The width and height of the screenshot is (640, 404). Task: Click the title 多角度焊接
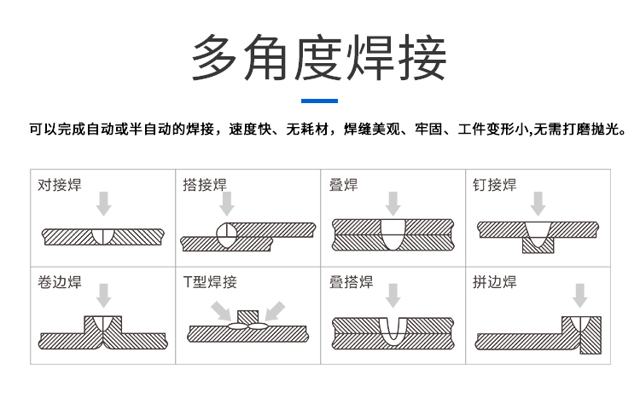point(319,57)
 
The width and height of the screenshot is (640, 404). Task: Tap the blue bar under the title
point(319,101)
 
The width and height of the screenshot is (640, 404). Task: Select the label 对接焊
point(60,185)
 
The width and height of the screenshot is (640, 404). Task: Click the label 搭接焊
point(205,185)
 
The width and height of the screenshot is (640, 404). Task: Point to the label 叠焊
point(343,185)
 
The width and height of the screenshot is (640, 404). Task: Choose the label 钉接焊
point(494,185)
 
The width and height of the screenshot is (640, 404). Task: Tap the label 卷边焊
point(60,282)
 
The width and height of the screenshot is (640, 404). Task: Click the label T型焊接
point(210,282)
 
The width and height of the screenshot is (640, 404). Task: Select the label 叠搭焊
point(351,282)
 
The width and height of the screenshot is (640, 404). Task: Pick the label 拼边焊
point(494,282)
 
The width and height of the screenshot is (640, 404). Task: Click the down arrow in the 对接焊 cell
point(103,204)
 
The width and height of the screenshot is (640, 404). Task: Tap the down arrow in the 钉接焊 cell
point(538,204)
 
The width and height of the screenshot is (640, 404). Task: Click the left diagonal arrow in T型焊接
point(221,311)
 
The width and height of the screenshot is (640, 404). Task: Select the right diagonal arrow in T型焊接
point(275,311)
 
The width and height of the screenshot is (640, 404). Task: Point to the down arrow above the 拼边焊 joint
point(579,296)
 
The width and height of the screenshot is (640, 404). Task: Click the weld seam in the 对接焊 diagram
point(103,237)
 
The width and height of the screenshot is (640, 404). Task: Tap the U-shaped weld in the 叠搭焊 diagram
point(393,331)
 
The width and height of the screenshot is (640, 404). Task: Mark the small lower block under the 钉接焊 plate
point(538,245)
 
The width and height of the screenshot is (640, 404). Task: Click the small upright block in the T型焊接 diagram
point(247,317)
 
